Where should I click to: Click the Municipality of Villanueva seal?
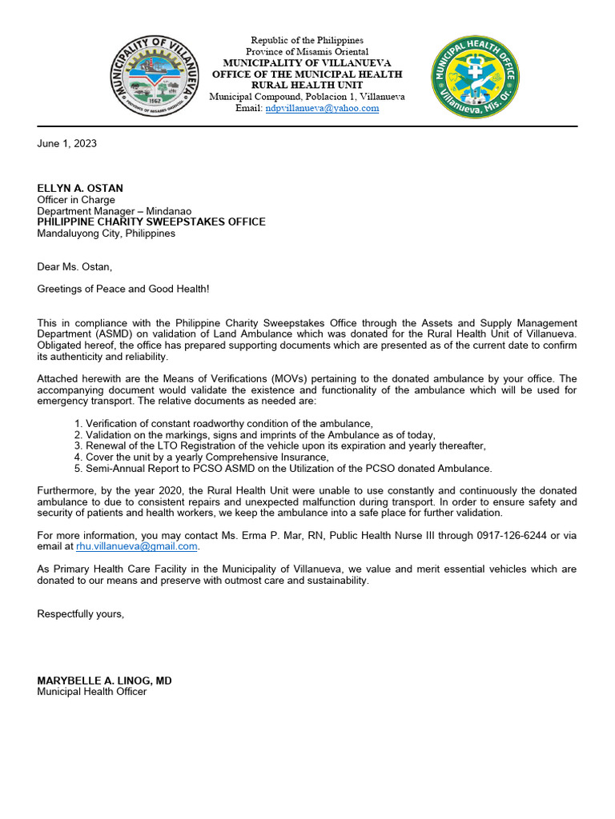pos(155,78)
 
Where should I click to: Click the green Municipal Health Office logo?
pos(475,78)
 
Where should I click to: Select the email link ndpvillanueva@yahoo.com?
pos(322,108)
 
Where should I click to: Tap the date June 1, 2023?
pos(67,143)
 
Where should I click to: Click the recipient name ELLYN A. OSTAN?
pos(80,189)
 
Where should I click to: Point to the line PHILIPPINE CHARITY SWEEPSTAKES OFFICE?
pos(151,222)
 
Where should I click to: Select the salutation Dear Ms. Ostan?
pos(71,266)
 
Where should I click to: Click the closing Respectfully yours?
pos(81,613)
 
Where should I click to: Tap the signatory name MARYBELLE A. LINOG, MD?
pos(104,681)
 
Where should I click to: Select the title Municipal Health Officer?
pos(92,692)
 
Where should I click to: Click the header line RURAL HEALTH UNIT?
pos(307,85)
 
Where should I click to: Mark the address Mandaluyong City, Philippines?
pos(107,234)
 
